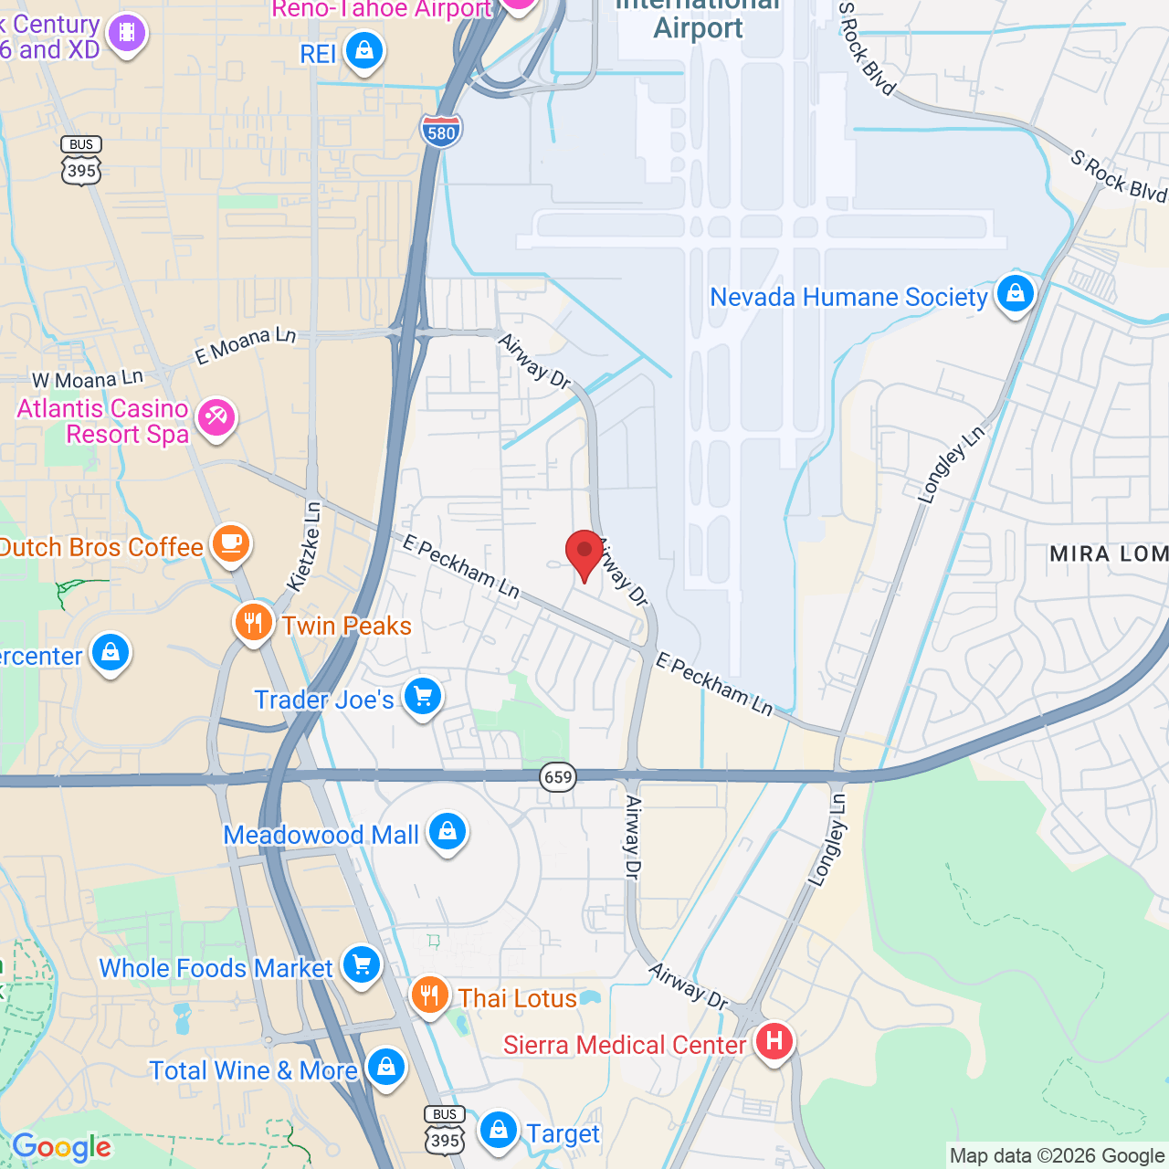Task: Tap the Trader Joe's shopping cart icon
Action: [422, 698]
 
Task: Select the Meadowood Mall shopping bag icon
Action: [447, 832]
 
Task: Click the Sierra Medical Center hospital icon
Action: [774, 1041]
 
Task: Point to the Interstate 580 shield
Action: [441, 131]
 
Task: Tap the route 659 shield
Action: [557, 777]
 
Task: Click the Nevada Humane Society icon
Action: [1015, 294]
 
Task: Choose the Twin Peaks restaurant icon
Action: [254, 624]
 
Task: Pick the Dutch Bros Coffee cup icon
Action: [231, 544]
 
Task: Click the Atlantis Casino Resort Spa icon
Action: [216, 419]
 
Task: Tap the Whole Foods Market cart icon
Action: [362, 964]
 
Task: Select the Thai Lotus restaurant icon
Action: [428, 995]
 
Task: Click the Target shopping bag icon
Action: [499, 1131]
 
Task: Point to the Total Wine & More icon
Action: [386, 1068]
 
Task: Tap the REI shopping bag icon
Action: [364, 51]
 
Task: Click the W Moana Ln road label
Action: [88, 379]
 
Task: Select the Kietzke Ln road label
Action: [304, 546]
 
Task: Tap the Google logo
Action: [62, 1147]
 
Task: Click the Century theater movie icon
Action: [127, 34]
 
